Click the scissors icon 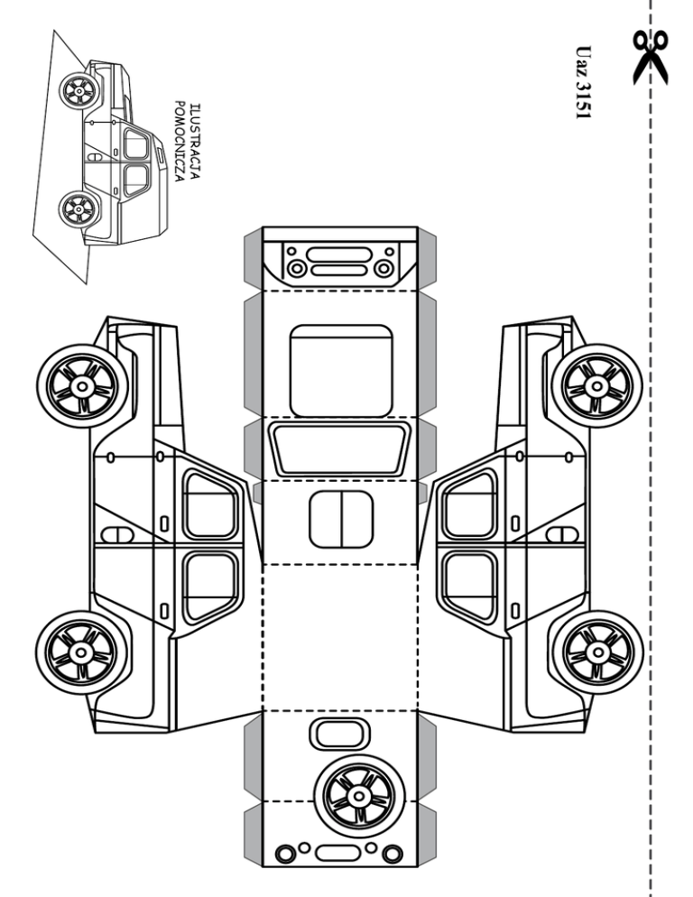click(x=651, y=56)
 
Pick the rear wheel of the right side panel click(x=596, y=652)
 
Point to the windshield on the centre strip click(x=341, y=449)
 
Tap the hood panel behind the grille click(x=341, y=367)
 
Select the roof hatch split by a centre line click(x=341, y=520)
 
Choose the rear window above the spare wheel click(x=338, y=733)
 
